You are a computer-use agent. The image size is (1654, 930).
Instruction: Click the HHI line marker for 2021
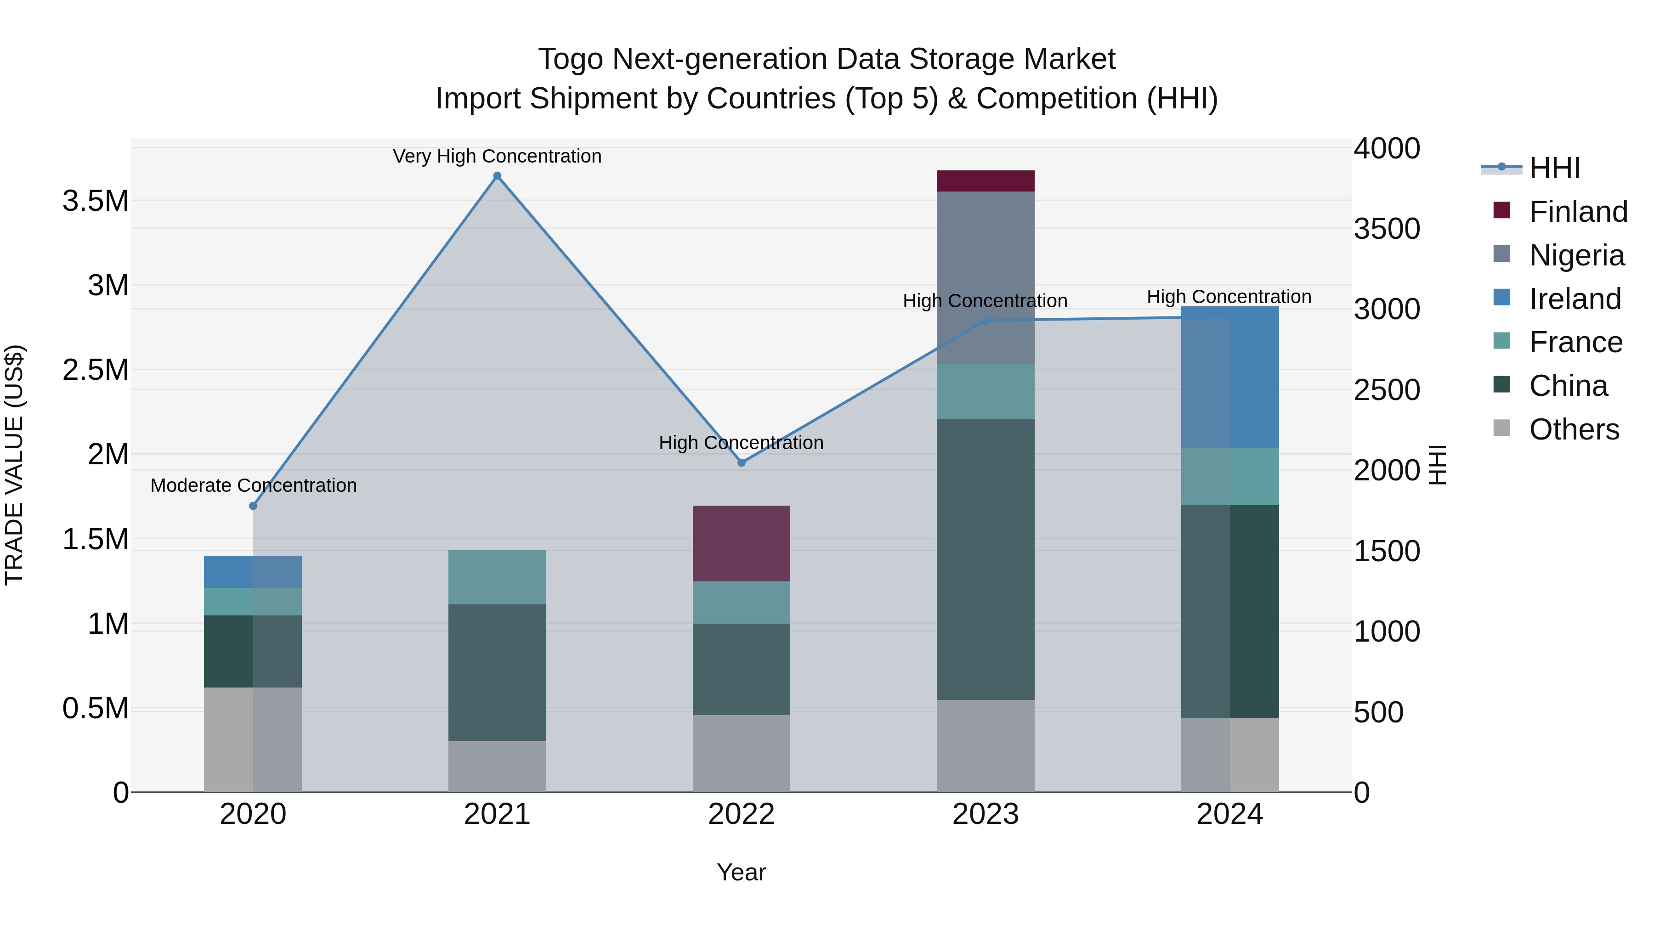[x=497, y=176]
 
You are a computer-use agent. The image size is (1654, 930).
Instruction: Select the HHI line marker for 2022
[x=741, y=463]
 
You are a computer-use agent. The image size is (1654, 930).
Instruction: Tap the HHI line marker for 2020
[x=253, y=506]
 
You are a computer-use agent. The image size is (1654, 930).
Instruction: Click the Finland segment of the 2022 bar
[x=741, y=543]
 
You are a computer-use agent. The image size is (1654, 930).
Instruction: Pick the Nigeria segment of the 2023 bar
[x=985, y=277]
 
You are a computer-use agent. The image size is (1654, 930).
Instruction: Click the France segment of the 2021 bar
[x=497, y=577]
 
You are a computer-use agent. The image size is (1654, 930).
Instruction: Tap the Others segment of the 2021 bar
[x=497, y=767]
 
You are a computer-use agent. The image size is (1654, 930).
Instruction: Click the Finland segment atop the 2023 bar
[x=985, y=181]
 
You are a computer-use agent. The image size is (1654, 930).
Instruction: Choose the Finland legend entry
[x=1578, y=212]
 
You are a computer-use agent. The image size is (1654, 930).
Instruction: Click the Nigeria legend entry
[x=1576, y=255]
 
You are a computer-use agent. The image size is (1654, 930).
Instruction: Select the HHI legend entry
[x=1554, y=168]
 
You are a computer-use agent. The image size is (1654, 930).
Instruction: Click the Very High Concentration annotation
[x=497, y=156]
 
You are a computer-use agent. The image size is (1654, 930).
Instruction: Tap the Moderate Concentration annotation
[x=253, y=485]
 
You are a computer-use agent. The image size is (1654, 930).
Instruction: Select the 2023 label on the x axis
[x=985, y=814]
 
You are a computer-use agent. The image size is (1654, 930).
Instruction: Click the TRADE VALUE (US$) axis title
[x=14, y=465]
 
